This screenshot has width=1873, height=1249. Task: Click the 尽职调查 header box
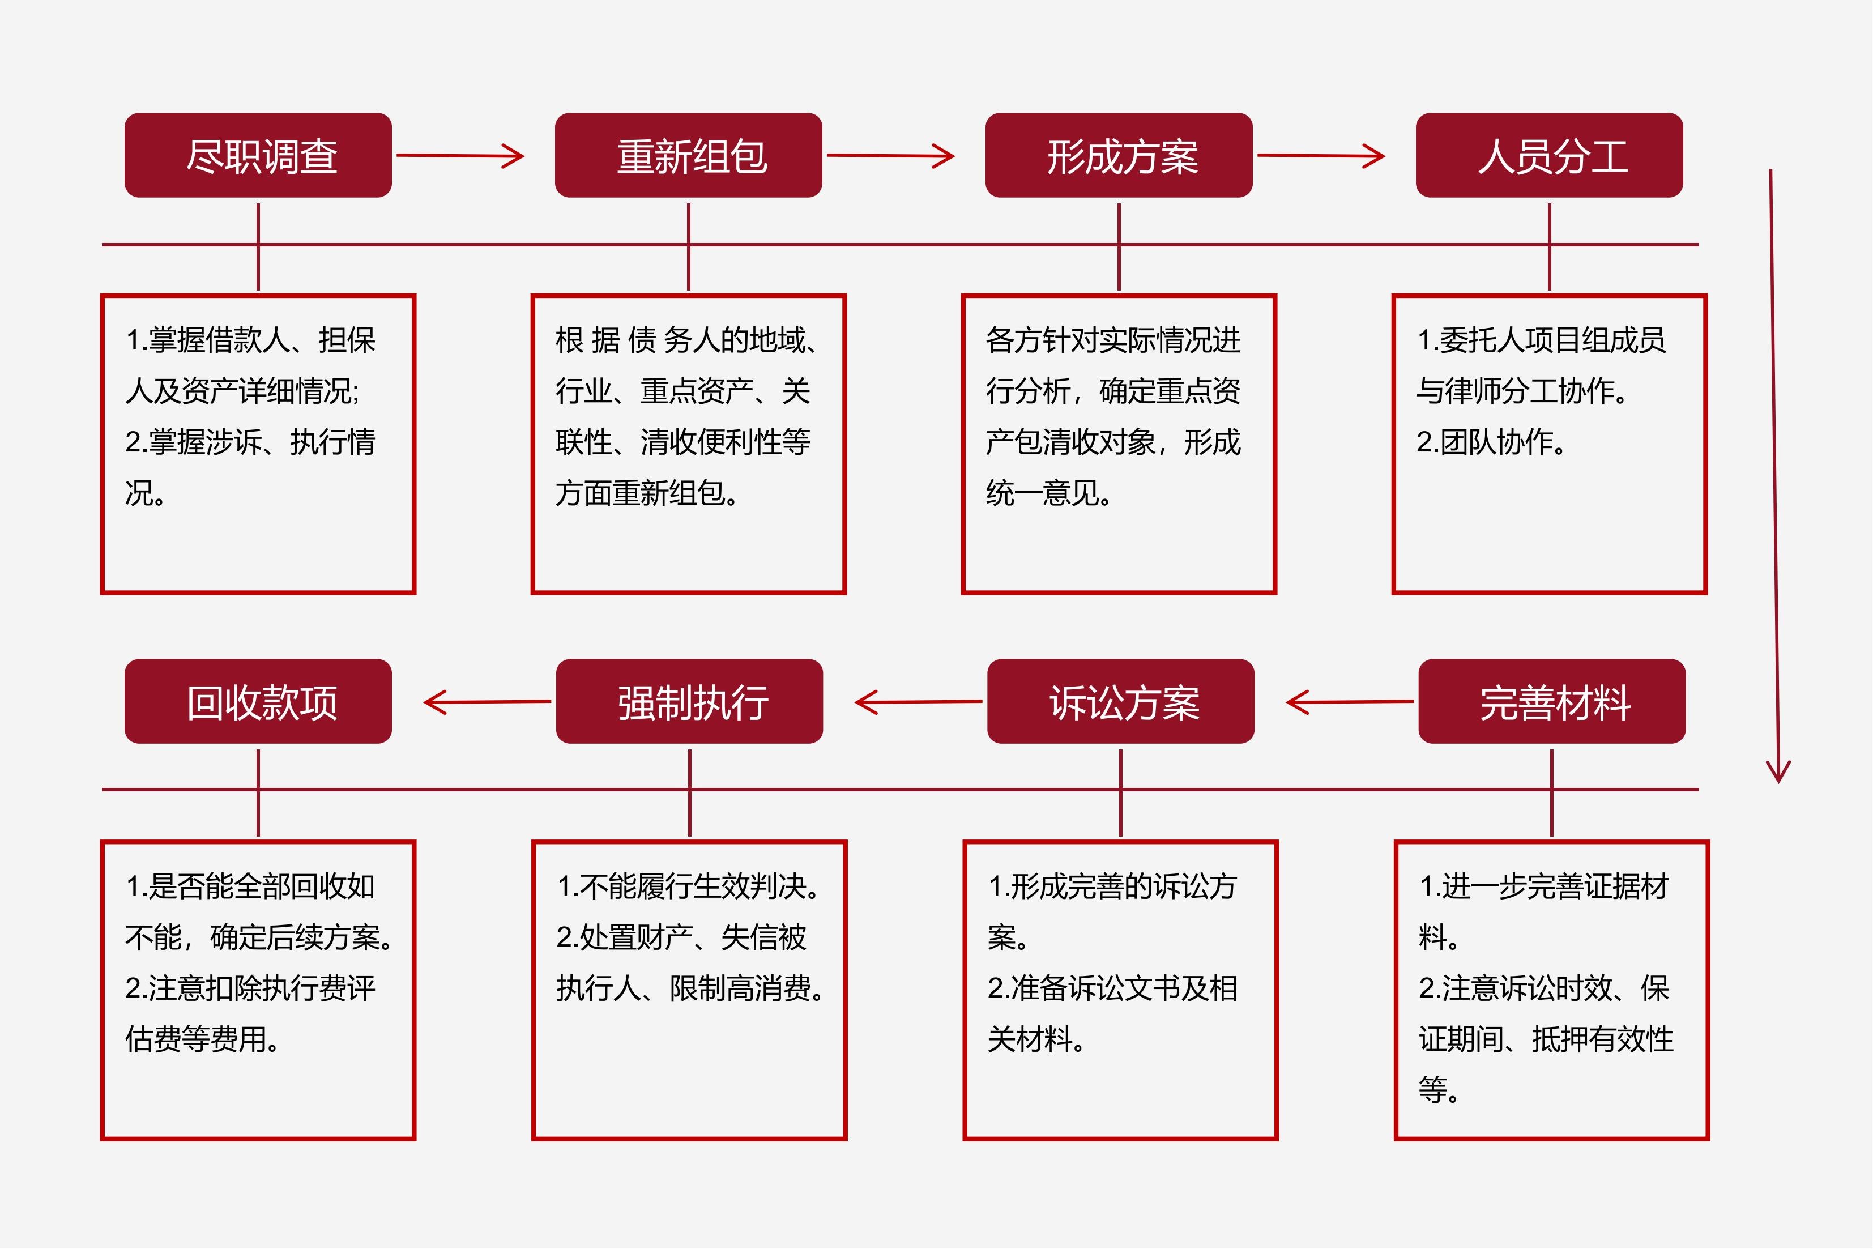tap(258, 155)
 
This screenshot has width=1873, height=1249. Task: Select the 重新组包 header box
tap(689, 155)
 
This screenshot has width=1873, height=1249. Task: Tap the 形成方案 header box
tap(1119, 155)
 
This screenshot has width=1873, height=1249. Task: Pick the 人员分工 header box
tap(1550, 155)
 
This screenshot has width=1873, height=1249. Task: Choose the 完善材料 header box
tap(1552, 702)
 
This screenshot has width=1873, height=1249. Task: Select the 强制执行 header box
tap(690, 702)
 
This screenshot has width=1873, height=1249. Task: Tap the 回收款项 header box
tap(258, 702)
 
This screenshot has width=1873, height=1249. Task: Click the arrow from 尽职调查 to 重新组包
tap(460, 155)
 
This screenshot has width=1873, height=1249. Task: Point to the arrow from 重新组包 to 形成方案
tap(891, 155)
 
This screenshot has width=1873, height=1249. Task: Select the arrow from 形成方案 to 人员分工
tap(1321, 155)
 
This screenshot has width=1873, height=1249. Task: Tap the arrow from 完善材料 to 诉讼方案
tap(1350, 702)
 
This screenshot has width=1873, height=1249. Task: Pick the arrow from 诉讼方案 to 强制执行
tap(918, 702)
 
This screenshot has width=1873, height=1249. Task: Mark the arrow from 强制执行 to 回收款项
tap(487, 702)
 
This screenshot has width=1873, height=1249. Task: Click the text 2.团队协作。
tap(1491, 442)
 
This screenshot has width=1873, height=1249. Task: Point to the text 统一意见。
tap(1049, 493)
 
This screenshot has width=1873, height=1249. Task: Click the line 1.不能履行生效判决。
tap(689, 886)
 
